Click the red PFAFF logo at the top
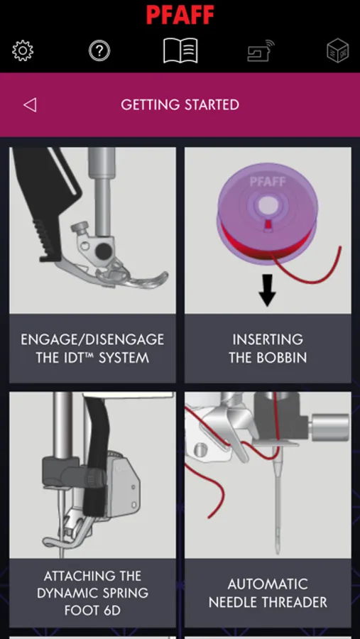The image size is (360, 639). pyautogui.click(x=180, y=15)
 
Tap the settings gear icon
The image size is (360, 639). pyautogui.click(x=23, y=51)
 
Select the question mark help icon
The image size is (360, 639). pyautogui.click(x=99, y=51)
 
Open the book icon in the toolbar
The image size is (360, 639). pyautogui.click(x=180, y=50)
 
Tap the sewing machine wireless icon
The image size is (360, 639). pyautogui.click(x=261, y=51)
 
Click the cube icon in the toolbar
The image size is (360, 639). pyautogui.click(x=338, y=51)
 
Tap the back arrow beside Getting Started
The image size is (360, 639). pyautogui.click(x=30, y=105)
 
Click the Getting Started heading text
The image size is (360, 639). pyautogui.click(x=180, y=105)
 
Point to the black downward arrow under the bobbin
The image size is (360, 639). pyautogui.click(x=268, y=290)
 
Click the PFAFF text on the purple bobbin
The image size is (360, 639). pyautogui.click(x=268, y=182)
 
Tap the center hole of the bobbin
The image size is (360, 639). pyautogui.click(x=267, y=203)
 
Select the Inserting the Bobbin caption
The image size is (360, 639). pyautogui.click(x=268, y=349)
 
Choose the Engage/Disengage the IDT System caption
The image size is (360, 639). pyautogui.click(x=92, y=349)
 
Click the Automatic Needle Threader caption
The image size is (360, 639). pyautogui.click(x=268, y=593)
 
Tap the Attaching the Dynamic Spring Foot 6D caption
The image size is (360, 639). pyautogui.click(x=92, y=593)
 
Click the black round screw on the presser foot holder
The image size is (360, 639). pyautogui.click(x=103, y=251)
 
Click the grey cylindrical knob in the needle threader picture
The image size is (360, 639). pyautogui.click(x=329, y=427)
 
